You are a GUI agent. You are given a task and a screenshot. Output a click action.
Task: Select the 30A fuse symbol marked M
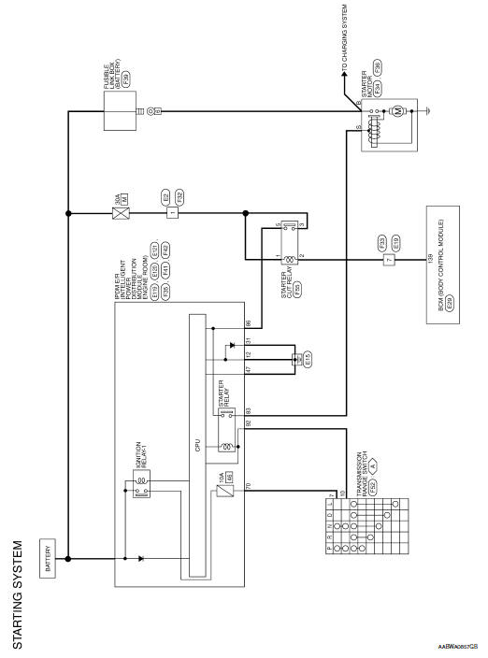[121, 211]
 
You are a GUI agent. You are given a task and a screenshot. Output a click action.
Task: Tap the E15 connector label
[307, 358]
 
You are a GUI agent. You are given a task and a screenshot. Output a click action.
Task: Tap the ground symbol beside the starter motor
[426, 111]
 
